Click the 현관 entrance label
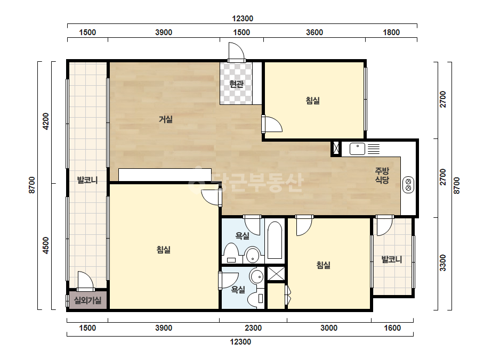(x=236, y=84)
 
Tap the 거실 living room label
(x=165, y=119)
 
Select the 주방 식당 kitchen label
(x=382, y=175)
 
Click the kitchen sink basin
(x=357, y=149)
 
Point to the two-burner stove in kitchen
(x=408, y=185)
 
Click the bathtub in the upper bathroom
(x=275, y=240)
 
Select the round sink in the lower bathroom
(x=257, y=276)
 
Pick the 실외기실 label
(x=87, y=300)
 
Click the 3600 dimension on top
(x=314, y=32)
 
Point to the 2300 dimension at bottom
(x=253, y=328)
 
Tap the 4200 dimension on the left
(x=46, y=121)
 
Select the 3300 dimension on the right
(x=442, y=263)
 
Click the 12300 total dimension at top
(x=243, y=19)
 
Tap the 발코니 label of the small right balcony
(x=391, y=259)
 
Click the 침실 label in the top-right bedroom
(x=312, y=101)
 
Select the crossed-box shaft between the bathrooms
(x=276, y=274)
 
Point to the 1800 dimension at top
(x=391, y=32)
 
